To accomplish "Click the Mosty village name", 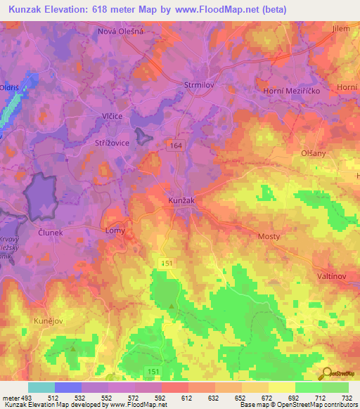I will coord(271,237).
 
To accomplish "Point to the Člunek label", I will coord(51,232).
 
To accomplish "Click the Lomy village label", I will coord(115,230).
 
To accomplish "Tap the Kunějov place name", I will coord(48,320).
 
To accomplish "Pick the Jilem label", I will coord(341,28).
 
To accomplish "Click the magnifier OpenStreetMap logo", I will coord(327,373).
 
